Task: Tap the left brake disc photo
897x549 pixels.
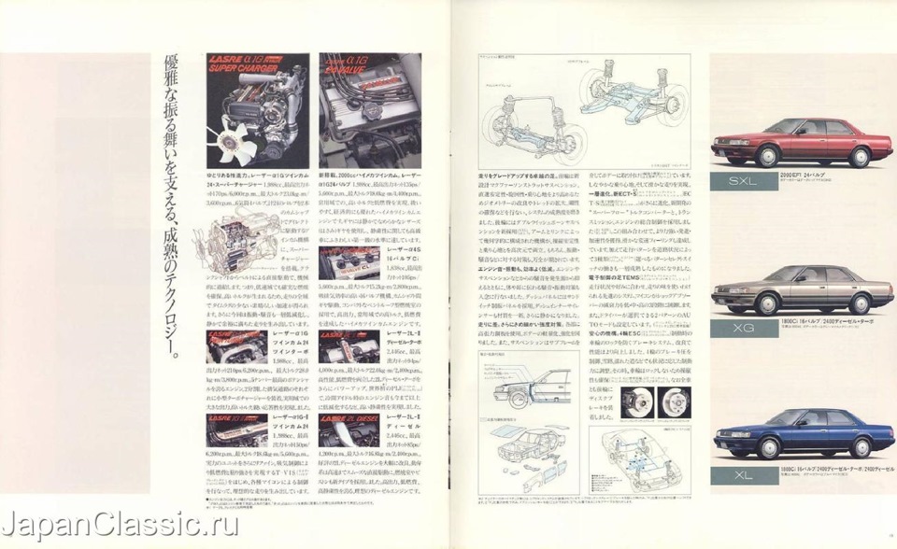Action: tap(644, 401)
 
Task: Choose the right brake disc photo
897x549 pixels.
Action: tap(673, 402)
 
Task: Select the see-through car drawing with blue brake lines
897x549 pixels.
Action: tap(641, 458)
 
